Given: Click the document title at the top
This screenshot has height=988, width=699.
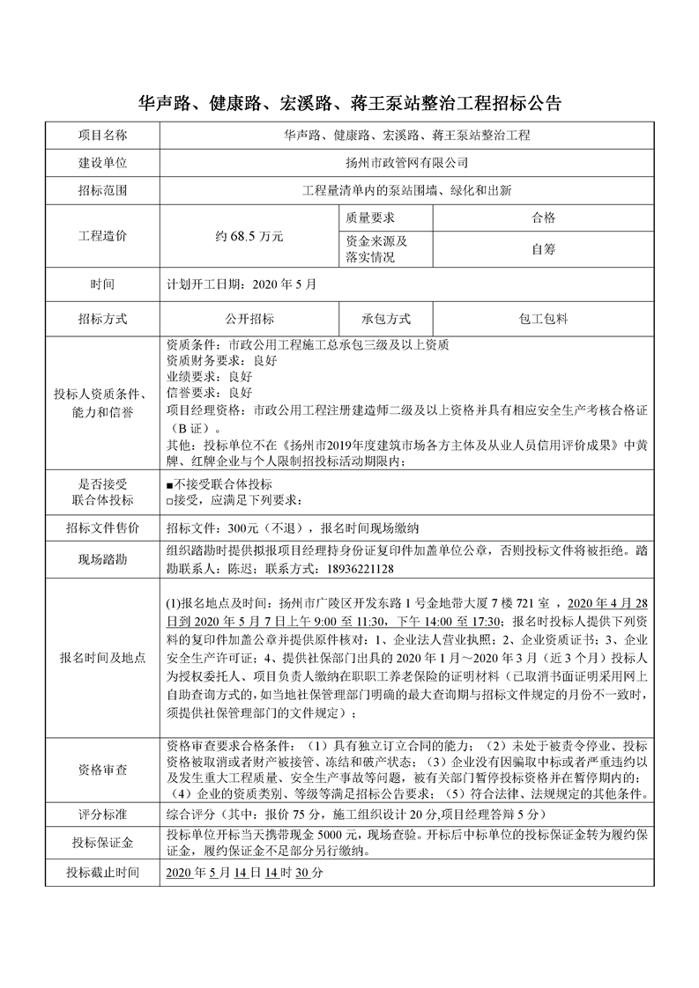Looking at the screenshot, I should pyautogui.click(x=350, y=103).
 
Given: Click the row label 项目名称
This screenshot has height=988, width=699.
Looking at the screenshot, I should pyautogui.click(x=102, y=136).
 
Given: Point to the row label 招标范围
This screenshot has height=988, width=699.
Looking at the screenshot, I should pyautogui.click(x=102, y=190).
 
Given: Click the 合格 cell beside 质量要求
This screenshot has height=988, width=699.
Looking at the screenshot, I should pyautogui.click(x=543, y=218).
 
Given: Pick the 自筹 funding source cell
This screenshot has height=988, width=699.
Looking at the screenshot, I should pyautogui.click(x=543, y=249).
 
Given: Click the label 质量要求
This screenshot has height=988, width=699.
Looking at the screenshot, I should pyautogui.click(x=370, y=218).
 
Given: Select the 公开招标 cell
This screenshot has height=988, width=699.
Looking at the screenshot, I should pyautogui.click(x=249, y=319).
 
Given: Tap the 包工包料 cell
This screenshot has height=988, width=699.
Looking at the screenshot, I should pyautogui.click(x=543, y=319).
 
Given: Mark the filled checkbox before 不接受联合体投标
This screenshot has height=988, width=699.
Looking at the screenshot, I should pyautogui.click(x=169, y=485).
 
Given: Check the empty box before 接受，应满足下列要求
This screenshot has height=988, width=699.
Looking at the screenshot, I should pyautogui.click(x=169, y=501).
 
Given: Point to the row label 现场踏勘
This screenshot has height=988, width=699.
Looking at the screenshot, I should pyautogui.click(x=102, y=560).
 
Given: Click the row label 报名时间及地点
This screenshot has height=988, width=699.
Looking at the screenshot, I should pyautogui.click(x=102, y=658).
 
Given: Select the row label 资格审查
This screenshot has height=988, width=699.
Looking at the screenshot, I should pyautogui.click(x=102, y=769).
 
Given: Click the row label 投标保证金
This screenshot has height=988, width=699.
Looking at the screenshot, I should pyautogui.click(x=102, y=844).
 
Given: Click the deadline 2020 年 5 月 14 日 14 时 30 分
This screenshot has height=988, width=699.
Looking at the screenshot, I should pyautogui.click(x=245, y=873).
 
